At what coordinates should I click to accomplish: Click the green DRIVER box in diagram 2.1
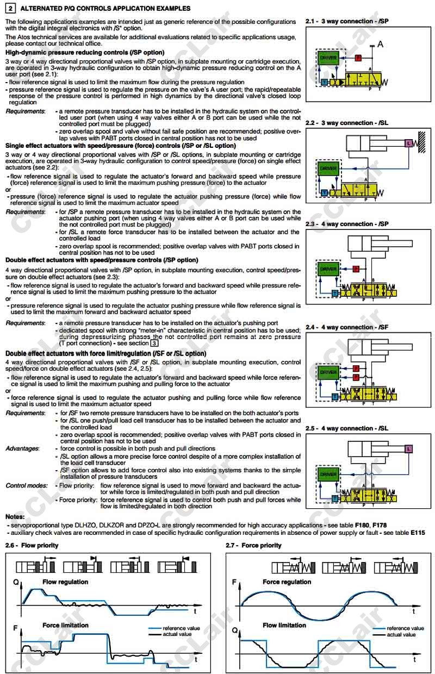tap(328, 58)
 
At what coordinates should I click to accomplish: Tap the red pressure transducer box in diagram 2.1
tap(357, 58)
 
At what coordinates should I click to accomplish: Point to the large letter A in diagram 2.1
tap(380, 44)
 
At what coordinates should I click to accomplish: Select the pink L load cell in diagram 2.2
tap(409, 143)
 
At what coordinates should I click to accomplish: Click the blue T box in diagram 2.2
tap(324, 192)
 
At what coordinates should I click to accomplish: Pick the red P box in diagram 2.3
tap(356, 269)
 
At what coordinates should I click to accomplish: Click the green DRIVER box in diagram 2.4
tap(328, 372)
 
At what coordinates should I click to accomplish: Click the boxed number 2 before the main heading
tap(10, 9)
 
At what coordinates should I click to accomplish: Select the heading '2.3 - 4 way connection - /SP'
tap(347, 224)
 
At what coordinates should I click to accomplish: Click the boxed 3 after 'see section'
tap(154, 343)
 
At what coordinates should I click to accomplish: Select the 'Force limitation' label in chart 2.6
tap(65, 626)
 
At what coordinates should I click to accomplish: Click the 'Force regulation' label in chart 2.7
tap(287, 582)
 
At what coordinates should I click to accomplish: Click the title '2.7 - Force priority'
tap(253, 545)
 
